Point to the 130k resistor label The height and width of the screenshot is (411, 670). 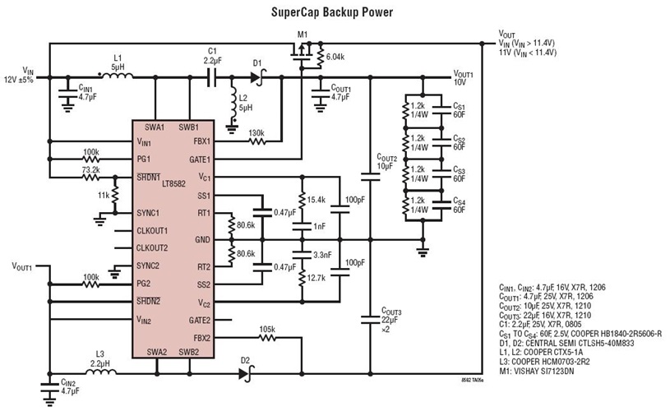pos(256,132)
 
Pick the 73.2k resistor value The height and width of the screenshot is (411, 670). pos(90,169)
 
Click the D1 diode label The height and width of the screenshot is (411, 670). pos(256,62)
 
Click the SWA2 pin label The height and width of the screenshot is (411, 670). pos(156,350)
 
